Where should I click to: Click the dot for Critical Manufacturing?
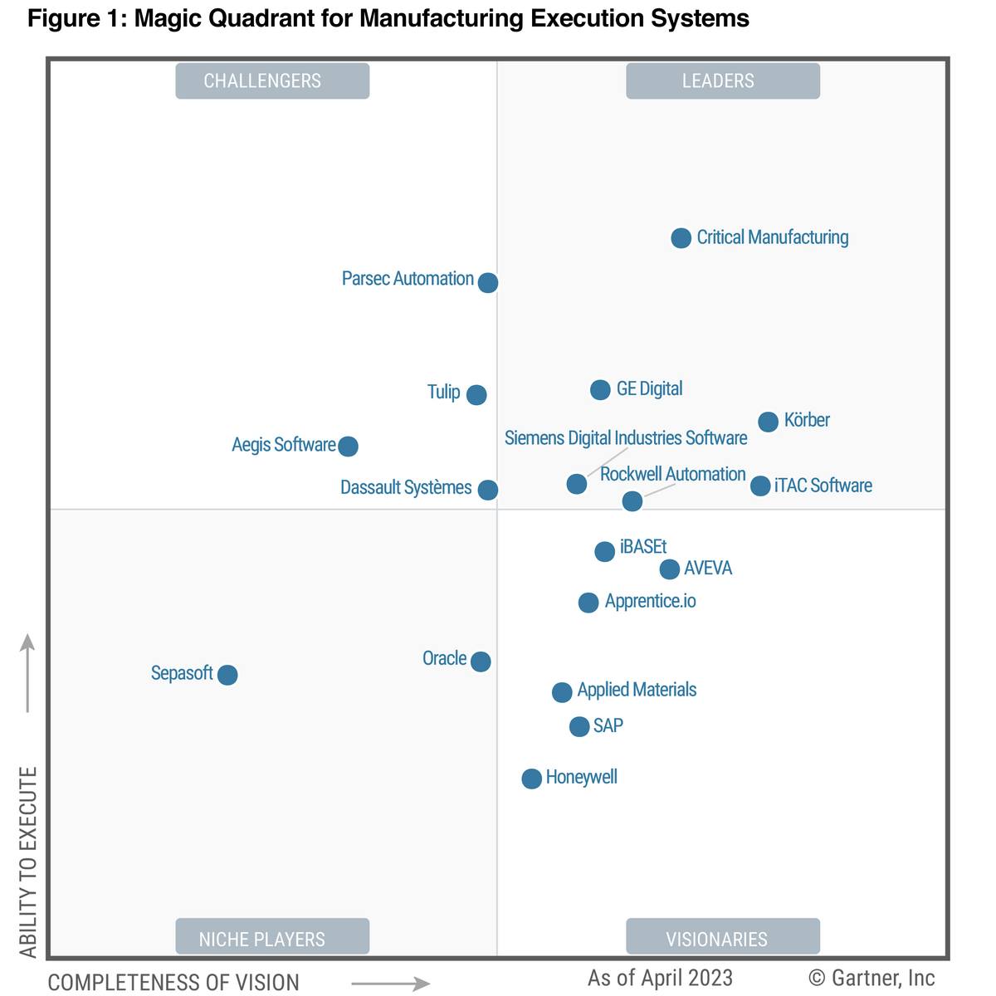click(x=681, y=238)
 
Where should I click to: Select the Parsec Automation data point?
click(x=488, y=283)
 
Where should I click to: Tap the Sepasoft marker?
click(x=227, y=675)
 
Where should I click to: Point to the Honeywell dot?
click(x=531, y=779)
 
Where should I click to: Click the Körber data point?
click(x=769, y=422)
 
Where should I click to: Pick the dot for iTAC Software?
click(x=760, y=486)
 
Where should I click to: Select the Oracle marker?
click(x=481, y=662)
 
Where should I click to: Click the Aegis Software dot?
click(x=349, y=447)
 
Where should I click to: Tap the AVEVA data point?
click(x=670, y=569)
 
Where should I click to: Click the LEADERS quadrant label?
click(x=722, y=81)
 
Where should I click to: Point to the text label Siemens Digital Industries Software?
click(x=626, y=438)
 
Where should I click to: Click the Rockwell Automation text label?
click(x=672, y=474)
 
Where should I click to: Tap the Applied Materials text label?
click(x=637, y=690)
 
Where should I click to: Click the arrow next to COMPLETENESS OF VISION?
click(x=390, y=984)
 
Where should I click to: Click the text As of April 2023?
click(x=660, y=978)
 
